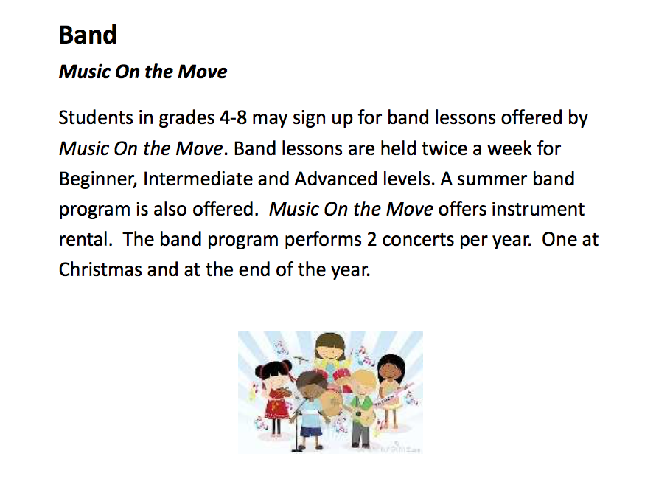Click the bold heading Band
(x=88, y=35)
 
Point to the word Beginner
(x=98, y=179)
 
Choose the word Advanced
(x=336, y=179)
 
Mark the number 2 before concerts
(x=371, y=240)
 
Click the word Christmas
(x=100, y=270)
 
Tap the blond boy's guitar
(x=366, y=413)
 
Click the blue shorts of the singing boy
(x=312, y=431)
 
